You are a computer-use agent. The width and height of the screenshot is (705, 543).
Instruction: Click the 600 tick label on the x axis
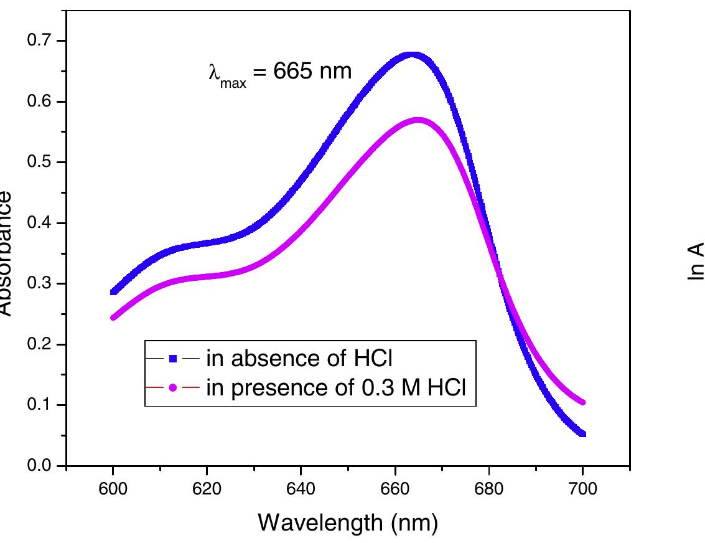(113, 488)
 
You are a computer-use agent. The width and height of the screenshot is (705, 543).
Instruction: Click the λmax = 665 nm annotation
(279, 73)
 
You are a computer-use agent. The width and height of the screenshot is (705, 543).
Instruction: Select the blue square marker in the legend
(174, 358)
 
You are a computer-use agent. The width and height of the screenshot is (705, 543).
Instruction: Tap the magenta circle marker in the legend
(174, 388)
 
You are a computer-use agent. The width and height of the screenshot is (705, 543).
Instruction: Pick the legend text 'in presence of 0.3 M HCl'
(335, 388)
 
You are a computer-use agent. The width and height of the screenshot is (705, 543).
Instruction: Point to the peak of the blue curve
(413, 55)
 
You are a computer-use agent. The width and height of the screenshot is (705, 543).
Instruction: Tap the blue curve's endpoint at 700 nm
(582, 433)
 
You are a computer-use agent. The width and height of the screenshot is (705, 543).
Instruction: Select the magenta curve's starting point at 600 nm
(113, 318)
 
